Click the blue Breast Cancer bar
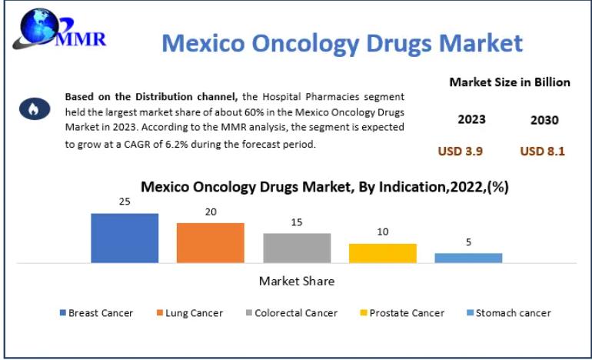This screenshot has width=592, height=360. tap(125, 238)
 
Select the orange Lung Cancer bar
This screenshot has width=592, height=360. tap(210, 243)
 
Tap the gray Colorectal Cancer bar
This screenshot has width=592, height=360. tap(297, 248)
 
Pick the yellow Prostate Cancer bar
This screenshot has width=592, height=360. tap(382, 253)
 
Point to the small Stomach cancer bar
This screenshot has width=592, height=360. tap(468, 258)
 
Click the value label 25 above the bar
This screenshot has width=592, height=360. tap(125, 202)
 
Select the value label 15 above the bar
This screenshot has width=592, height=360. tap(297, 222)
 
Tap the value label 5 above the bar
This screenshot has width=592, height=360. tap(468, 242)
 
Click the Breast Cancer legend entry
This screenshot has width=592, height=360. tap(96, 313)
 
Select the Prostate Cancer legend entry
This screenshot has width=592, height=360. tap(401, 313)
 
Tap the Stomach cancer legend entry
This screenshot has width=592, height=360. tap(508, 313)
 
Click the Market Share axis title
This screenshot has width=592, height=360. tap(296, 282)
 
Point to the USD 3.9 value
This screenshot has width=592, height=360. tap(460, 152)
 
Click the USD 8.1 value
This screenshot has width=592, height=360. tap(542, 152)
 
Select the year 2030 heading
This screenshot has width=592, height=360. tap(544, 121)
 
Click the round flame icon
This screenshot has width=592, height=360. tap(33, 109)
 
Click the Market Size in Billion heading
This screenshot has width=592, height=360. tap(510, 82)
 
